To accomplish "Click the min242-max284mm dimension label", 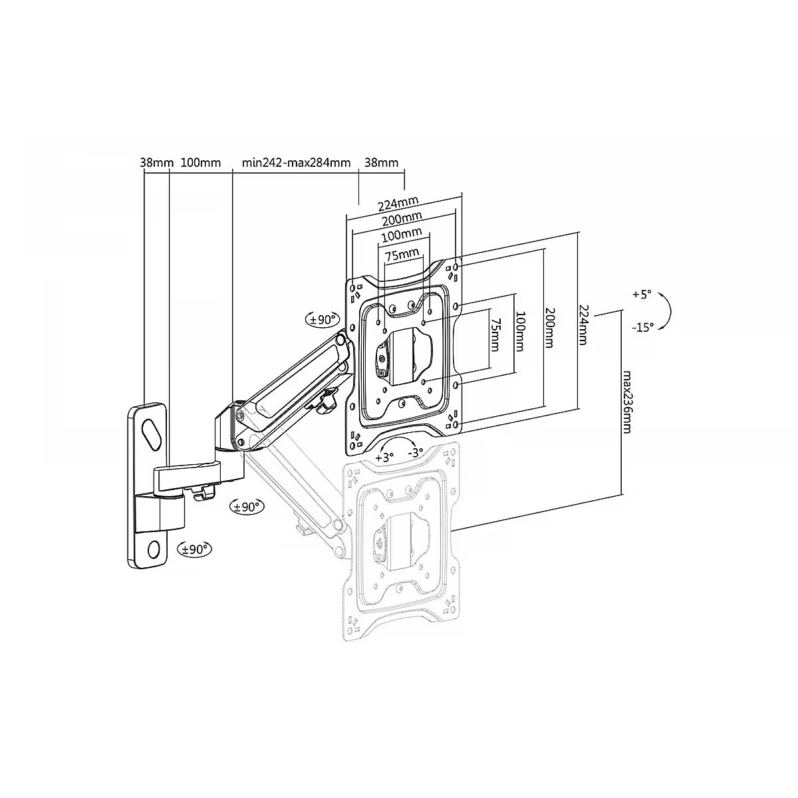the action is coord(296,162).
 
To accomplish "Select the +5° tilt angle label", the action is coord(642,295).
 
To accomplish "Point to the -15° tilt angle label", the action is coord(642,327).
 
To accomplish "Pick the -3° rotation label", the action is coord(415,453).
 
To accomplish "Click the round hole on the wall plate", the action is coord(154,549).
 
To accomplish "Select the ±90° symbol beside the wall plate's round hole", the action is coord(194,549).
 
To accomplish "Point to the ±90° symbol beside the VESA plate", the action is coord(322,319).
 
